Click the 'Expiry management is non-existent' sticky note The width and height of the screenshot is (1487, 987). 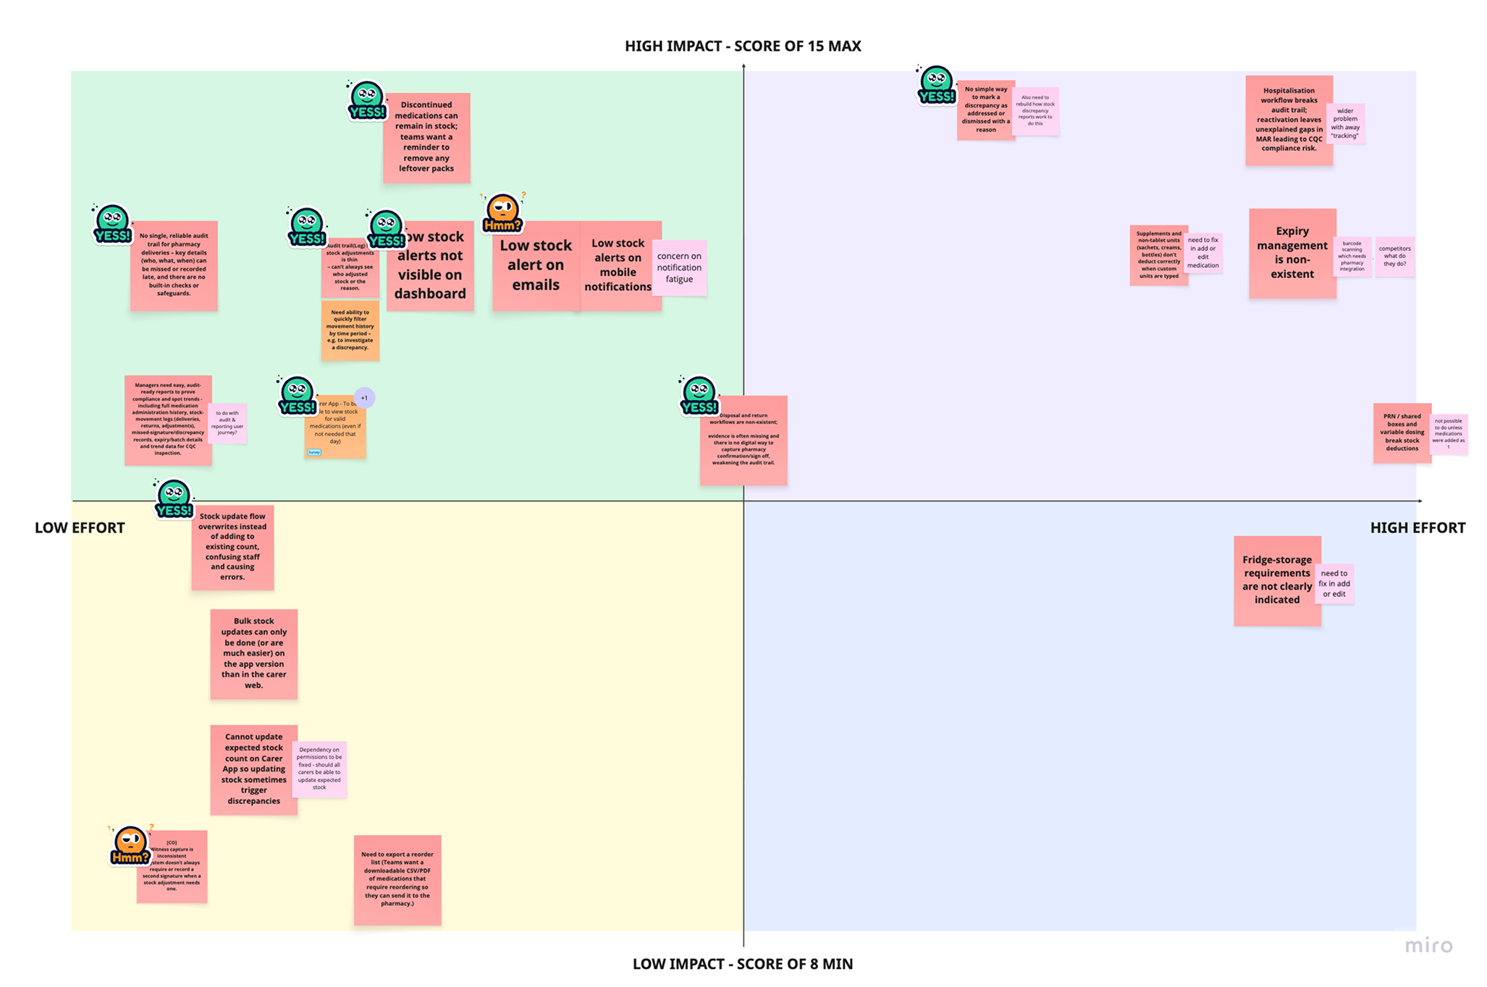[1292, 253]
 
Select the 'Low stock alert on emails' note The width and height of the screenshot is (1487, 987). [535, 266]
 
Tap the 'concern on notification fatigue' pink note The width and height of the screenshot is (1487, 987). [679, 268]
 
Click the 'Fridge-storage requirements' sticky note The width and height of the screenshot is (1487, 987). [1276, 580]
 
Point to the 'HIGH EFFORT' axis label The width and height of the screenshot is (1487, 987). [1417, 528]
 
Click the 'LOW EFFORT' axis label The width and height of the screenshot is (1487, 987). [80, 528]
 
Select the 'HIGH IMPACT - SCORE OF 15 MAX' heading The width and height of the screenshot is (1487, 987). [743, 46]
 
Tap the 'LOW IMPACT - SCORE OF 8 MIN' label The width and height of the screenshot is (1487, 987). [743, 964]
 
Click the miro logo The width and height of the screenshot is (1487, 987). [1428, 946]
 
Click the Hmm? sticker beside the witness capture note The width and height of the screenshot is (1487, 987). [130, 845]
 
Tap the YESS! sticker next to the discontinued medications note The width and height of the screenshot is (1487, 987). [366, 101]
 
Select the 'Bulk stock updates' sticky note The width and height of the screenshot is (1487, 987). [253, 653]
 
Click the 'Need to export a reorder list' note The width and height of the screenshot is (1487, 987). [397, 879]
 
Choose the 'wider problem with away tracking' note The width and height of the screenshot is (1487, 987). [1345, 124]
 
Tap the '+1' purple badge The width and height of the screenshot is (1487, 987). [364, 398]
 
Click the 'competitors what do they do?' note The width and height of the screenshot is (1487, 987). [1394, 257]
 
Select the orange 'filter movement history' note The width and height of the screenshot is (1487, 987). [350, 331]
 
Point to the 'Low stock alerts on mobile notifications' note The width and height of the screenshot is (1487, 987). [618, 266]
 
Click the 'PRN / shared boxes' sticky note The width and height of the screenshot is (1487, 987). [1402, 433]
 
